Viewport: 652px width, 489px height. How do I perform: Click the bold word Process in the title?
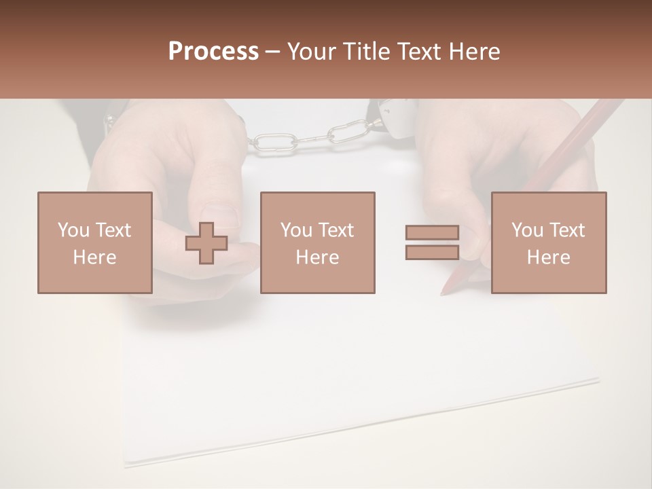pos(213,52)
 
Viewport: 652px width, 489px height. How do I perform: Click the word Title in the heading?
pos(367,52)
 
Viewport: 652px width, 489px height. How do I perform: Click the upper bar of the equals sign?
pos(432,232)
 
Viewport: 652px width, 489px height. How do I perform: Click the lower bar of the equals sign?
pos(432,252)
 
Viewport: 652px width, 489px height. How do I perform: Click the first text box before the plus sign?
pos(94,242)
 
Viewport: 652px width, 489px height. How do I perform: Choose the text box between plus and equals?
pos(317,242)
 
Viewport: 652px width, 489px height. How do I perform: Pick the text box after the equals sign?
pos(548,242)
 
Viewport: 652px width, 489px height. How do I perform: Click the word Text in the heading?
pos(420,52)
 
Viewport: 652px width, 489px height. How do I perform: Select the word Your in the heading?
pos(313,52)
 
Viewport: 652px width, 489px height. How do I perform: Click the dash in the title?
pos(273,52)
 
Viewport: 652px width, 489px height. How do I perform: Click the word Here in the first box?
pos(94,257)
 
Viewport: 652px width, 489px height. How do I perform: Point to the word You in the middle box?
pos(296,230)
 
